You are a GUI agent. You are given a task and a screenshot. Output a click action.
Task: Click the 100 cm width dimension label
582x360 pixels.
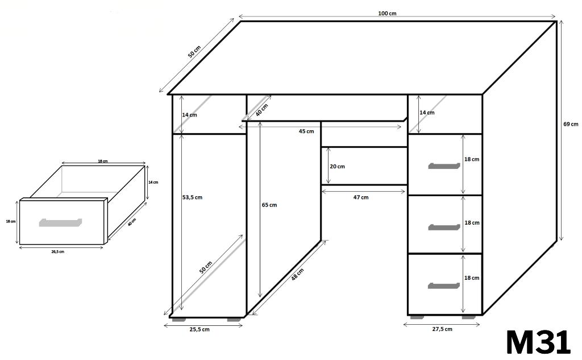tap(387, 14)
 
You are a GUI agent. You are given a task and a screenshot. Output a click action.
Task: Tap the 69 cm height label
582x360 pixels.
tap(571, 124)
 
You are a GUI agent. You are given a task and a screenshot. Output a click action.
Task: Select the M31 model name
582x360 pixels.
tap(538, 342)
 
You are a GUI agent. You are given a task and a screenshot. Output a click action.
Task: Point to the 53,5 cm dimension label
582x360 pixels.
tap(192, 197)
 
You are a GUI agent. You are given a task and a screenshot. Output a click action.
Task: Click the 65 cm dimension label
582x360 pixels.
tap(269, 205)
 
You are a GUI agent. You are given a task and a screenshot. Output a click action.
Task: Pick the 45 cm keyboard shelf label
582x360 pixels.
tap(306, 131)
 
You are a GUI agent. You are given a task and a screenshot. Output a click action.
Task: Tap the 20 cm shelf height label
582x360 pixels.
tap(338, 167)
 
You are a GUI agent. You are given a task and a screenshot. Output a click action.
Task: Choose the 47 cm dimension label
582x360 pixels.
tap(361, 197)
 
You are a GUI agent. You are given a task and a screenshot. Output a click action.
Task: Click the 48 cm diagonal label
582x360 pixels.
tap(297, 274)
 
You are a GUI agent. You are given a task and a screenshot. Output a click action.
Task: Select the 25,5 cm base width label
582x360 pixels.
tap(199, 329)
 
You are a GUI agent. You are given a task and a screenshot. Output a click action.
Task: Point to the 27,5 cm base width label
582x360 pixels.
tap(442, 329)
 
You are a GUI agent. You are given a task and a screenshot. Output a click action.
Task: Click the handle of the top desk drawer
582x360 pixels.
tap(444, 165)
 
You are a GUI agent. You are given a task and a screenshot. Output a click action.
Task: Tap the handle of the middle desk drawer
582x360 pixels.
tap(444, 227)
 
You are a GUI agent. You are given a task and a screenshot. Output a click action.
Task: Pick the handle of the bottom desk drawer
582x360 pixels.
tap(443, 285)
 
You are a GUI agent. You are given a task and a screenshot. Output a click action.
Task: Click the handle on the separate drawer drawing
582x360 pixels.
tap(60, 222)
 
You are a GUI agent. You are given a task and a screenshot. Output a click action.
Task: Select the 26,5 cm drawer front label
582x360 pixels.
tap(57, 251)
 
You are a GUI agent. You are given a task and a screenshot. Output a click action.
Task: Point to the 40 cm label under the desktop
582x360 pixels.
tap(261, 110)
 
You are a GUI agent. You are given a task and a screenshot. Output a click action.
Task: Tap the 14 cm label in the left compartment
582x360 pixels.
tap(189, 115)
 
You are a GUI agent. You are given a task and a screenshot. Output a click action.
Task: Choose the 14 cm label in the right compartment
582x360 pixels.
tap(427, 112)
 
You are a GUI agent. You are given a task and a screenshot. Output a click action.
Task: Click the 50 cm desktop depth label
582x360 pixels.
tap(194, 52)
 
